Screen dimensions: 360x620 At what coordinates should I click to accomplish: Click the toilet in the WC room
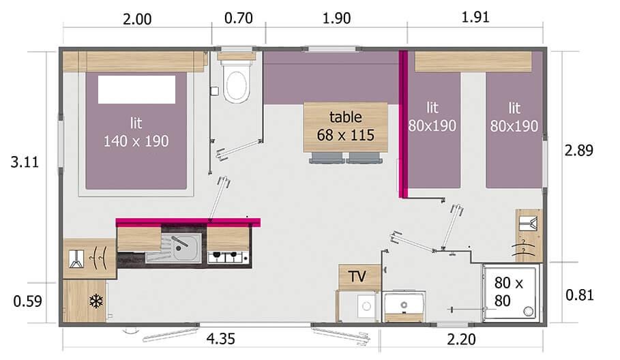point(236,85)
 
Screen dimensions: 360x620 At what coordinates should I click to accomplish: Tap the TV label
point(357,276)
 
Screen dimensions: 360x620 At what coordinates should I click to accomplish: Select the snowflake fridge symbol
point(96,301)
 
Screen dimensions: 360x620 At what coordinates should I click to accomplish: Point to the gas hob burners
point(227,257)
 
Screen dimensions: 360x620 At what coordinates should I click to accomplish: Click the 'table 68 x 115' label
point(345,125)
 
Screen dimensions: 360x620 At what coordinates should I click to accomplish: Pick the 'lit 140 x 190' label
point(136,132)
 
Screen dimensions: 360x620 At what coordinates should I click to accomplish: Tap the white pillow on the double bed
point(136,89)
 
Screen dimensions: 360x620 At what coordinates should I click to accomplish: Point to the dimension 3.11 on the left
point(25,162)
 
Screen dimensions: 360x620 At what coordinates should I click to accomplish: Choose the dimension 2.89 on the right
point(579,151)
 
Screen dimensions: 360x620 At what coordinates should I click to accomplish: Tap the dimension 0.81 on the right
point(580,295)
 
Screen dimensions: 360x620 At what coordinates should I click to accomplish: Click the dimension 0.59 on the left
point(27,300)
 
